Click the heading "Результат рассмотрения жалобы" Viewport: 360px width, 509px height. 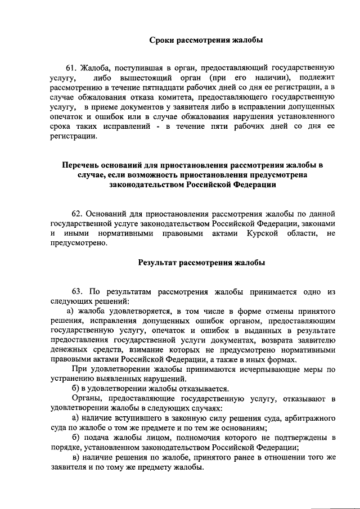pos(201,262)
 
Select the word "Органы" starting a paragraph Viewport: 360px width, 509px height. pos(85,399)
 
